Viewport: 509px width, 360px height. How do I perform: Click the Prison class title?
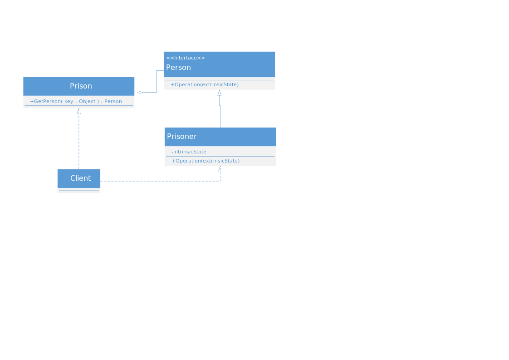pos(81,86)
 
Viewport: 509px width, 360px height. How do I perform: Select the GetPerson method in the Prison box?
pos(76,101)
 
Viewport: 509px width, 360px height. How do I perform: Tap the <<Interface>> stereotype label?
pos(186,58)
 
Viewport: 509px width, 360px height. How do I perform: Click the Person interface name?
pos(178,68)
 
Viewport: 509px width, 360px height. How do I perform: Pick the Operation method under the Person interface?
pos(205,84)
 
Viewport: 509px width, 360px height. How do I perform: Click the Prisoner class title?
pos(181,137)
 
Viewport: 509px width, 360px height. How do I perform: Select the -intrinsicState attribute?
pos(189,152)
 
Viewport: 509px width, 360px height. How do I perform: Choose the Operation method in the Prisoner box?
pos(206,161)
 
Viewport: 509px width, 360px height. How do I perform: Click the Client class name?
pos(80,178)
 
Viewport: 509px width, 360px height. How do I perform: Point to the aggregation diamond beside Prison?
pos(140,93)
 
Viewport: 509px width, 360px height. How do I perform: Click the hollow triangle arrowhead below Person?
pos(220,93)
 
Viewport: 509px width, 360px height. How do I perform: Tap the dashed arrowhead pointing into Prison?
pos(78,111)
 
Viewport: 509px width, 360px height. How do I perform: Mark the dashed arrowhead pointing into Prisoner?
pos(220,168)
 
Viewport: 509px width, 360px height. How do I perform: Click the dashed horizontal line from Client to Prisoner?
pos(160,181)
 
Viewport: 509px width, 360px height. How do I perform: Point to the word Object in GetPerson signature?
pos(87,101)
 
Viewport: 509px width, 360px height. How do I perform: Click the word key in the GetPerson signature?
pos(69,101)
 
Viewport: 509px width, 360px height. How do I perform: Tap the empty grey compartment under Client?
pos(79,190)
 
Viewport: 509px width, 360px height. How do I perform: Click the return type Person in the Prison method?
pos(113,101)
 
